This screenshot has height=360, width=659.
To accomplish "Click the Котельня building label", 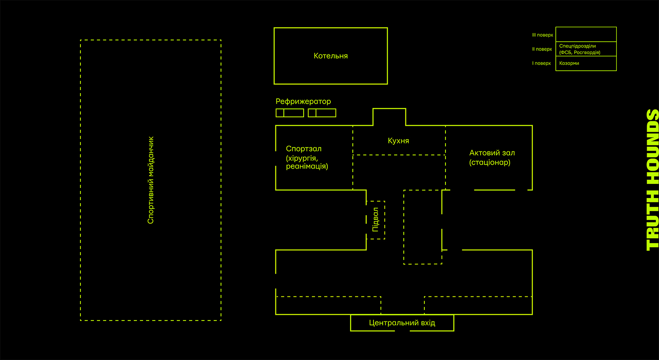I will coord(330,56).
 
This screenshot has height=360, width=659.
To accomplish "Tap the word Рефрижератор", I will coord(303,101).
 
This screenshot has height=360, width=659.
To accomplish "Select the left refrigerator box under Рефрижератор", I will coord(290,113).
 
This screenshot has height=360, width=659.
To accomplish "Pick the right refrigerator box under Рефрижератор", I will coord(322,113).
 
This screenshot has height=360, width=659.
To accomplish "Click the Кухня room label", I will coord(398,141).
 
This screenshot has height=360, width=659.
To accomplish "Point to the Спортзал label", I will coord(304,149).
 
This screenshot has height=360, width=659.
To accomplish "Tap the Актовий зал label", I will coord(492,153).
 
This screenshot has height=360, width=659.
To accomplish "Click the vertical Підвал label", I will coord(375,220).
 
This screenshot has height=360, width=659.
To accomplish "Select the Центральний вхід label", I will coord(402,323).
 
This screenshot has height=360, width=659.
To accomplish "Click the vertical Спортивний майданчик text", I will coord(151,180).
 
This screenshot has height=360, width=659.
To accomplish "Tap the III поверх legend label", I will coord(543,35).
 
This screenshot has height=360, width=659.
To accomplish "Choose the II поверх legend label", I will coord(542,49).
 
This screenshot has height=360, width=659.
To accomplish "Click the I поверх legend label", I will coord(541,63).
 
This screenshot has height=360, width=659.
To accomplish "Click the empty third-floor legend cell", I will coord(586,34).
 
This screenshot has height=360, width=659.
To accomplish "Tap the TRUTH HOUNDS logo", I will coord(652,180).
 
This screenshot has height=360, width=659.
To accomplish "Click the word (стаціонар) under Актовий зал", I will coord(490,162).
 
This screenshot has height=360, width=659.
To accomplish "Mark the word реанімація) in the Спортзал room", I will coord(307,166).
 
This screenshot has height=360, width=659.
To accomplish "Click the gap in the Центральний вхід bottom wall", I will coord(402,331).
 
